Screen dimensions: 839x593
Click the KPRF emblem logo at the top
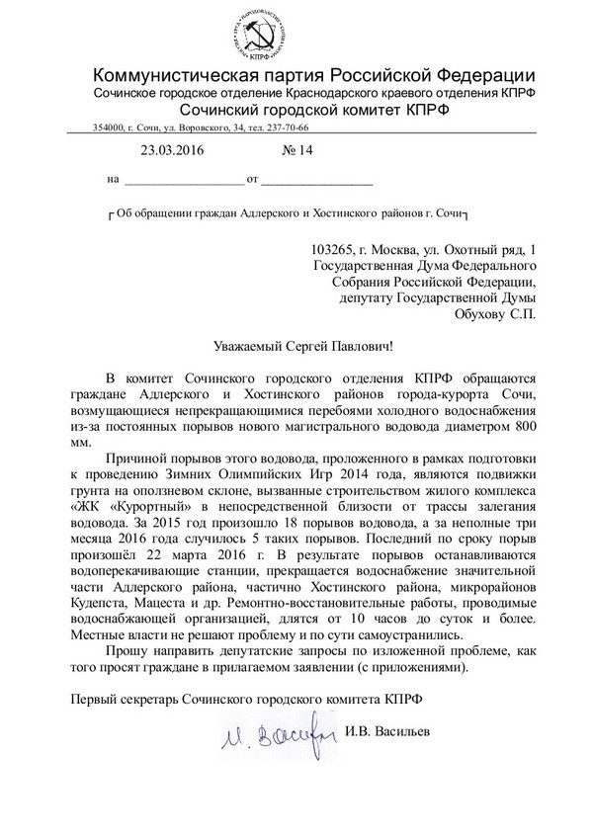[296, 33]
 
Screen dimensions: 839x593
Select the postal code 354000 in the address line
[109, 127]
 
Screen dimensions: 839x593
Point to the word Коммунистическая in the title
[186, 75]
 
